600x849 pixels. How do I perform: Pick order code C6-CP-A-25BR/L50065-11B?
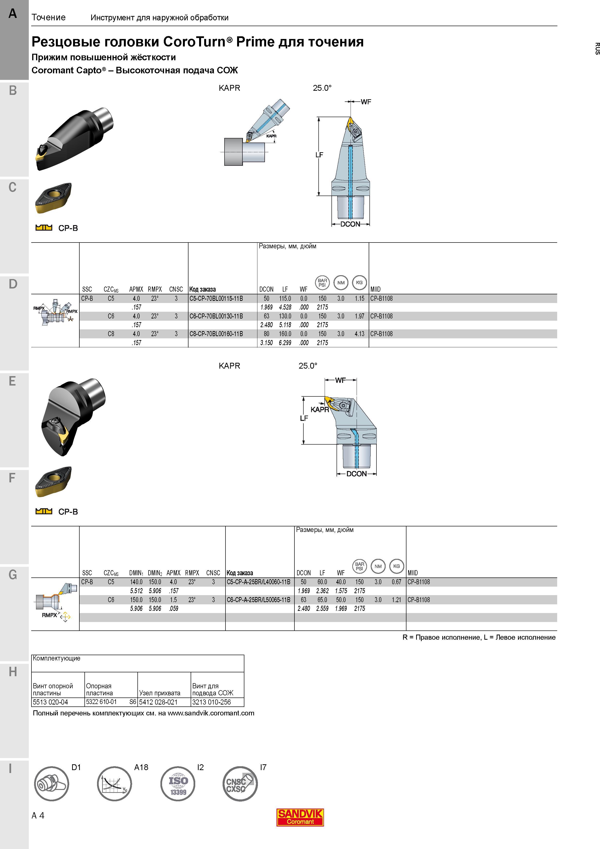click(258, 600)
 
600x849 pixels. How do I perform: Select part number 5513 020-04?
click(51, 702)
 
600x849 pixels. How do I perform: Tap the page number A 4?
click(38, 815)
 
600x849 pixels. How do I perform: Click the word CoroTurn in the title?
click(194, 42)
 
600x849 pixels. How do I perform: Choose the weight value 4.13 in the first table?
click(359, 334)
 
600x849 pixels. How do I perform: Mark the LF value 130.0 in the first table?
click(285, 316)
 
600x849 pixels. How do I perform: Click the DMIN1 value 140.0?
click(136, 582)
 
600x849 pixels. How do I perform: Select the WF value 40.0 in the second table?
click(341, 582)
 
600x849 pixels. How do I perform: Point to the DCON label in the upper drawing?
click(350, 224)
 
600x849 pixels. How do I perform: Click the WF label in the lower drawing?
click(340, 380)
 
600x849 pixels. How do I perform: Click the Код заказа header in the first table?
click(202, 289)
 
